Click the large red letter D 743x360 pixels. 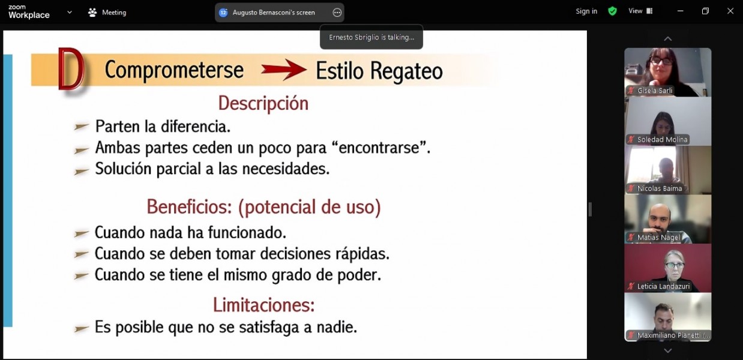pyautogui.click(x=70, y=69)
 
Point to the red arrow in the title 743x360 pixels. pyautogui.click(x=284, y=70)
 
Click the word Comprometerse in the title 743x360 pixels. pyautogui.click(x=174, y=70)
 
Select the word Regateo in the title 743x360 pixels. pyautogui.click(x=406, y=71)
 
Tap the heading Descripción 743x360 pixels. pyautogui.click(x=263, y=103)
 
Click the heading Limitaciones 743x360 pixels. pyautogui.click(x=263, y=305)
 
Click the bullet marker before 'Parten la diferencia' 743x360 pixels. pyautogui.click(x=82, y=126)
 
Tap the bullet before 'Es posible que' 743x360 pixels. pyautogui.click(x=82, y=328)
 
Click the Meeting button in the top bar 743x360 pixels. pyautogui.click(x=107, y=13)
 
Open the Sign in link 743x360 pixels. pyautogui.click(x=586, y=11)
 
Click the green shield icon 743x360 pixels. pyautogui.click(x=612, y=11)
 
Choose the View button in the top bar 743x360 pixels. pyautogui.click(x=640, y=11)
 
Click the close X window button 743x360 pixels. pyautogui.click(x=730, y=11)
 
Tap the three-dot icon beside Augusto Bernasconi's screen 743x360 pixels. pyautogui.click(x=337, y=13)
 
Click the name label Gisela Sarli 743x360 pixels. pyautogui.click(x=654, y=91)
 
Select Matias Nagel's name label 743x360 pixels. pyautogui.click(x=658, y=238)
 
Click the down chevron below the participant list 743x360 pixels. pyautogui.click(x=668, y=350)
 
